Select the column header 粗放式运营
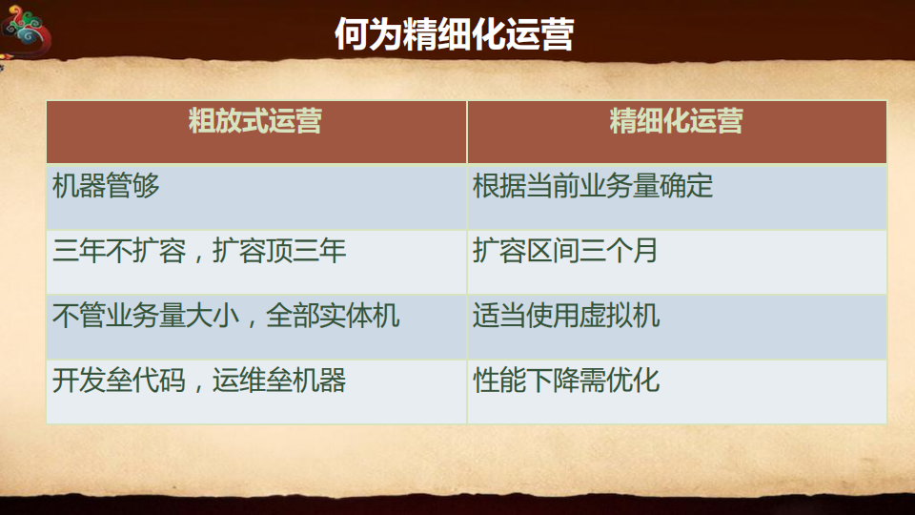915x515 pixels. (x=254, y=122)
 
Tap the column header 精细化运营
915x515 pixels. (x=676, y=122)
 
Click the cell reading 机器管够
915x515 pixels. (x=106, y=186)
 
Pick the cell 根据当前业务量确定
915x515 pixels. (x=592, y=186)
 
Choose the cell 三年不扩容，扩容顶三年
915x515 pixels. (x=199, y=252)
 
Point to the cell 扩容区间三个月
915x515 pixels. (x=565, y=252)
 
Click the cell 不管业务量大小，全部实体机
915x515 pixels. (x=226, y=317)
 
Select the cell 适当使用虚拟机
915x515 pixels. (x=565, y=317)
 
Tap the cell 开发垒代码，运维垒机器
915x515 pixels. (x=199, y=381)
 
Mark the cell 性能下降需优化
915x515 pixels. (x=565, y=381)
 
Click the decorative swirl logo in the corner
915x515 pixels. (x=26, y=33)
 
